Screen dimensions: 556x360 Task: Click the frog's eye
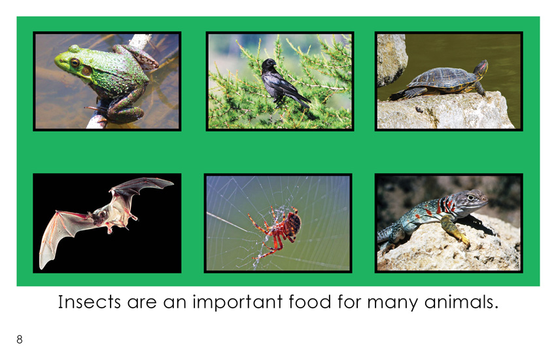pos(75,63)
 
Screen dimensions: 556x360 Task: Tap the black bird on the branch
pos(282,83)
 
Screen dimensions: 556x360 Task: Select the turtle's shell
pos(441,78)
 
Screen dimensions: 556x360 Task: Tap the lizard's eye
pos(470,197)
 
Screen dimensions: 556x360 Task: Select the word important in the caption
pos(237,302)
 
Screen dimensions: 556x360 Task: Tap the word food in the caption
pos(310,302)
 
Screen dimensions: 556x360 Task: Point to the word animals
pos(461,302)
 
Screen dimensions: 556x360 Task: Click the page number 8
pos(20,340)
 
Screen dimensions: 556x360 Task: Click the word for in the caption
pos(349,302)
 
